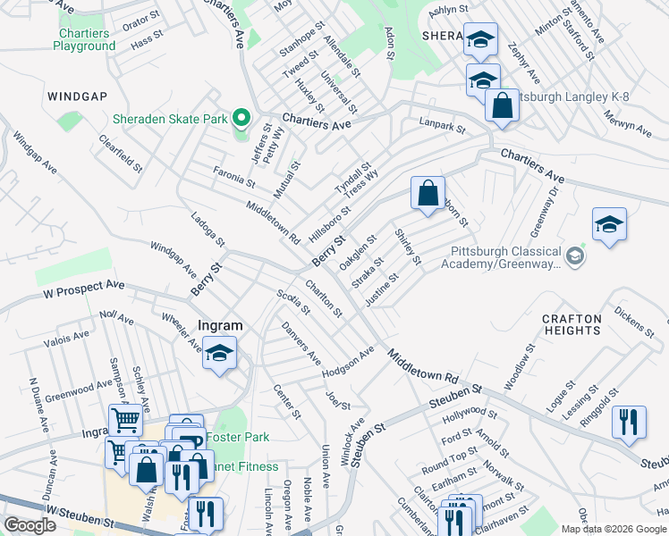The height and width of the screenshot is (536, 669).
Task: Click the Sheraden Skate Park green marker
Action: coord(240,119)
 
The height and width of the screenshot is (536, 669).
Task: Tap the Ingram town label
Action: coord(219,326)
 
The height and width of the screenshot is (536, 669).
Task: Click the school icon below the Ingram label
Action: coord(219,354)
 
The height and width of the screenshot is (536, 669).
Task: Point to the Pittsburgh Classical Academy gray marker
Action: coord(575,257)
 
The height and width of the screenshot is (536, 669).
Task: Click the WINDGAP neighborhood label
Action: coord(78,94)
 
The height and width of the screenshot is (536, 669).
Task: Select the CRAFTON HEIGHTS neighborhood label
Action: coord(572,324)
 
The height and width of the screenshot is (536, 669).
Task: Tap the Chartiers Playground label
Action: coord(83,39)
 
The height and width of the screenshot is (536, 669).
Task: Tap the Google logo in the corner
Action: coord(30,525)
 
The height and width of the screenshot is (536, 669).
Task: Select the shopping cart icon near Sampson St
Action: coord(125,419)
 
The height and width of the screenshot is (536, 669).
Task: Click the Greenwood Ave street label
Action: coord(80,390)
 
